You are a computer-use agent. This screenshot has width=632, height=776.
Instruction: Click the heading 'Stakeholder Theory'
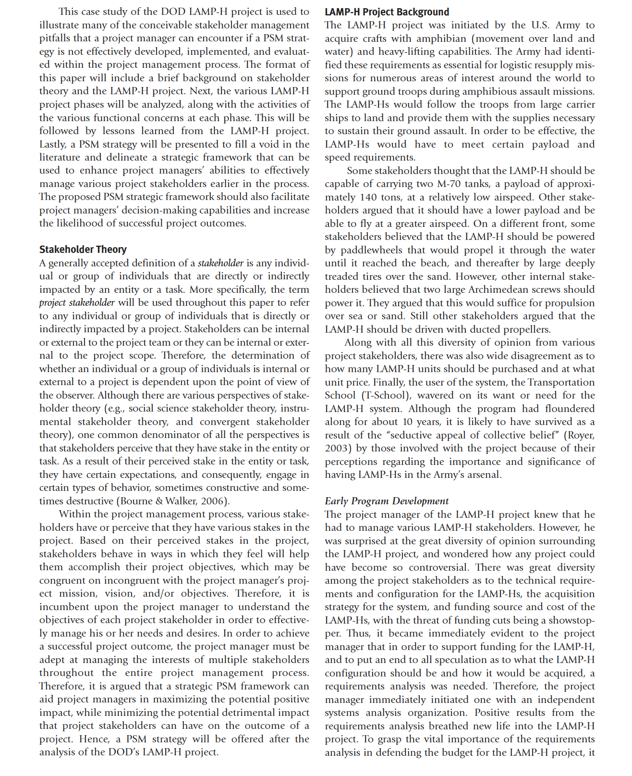point(83,250)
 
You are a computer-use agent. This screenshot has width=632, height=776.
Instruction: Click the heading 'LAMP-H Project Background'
point(387,12)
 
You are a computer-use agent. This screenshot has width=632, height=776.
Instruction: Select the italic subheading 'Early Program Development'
point(386,501)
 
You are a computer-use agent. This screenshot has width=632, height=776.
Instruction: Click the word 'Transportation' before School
point(561,382)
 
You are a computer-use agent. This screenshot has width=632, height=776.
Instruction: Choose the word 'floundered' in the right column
point(568,409)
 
